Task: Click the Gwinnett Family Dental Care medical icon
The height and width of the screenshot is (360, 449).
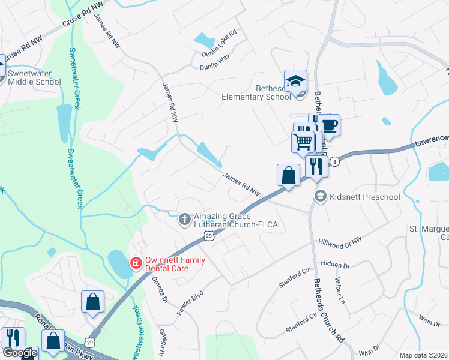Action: [x=136, y=263]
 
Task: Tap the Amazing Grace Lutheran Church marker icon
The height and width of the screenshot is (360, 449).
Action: [x=185, y=220]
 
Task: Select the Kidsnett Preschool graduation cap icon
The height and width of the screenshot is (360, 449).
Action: [x=321, y=197]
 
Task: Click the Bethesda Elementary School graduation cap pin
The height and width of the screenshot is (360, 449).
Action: [x=295, y=80]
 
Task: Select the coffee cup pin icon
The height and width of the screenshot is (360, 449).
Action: [x=329, y=125]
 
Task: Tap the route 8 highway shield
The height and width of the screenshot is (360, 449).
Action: [x=335, y=161]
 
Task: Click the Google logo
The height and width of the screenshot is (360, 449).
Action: [x=20, y=353]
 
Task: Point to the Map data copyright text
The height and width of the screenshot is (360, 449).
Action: [x=424, y=355]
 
